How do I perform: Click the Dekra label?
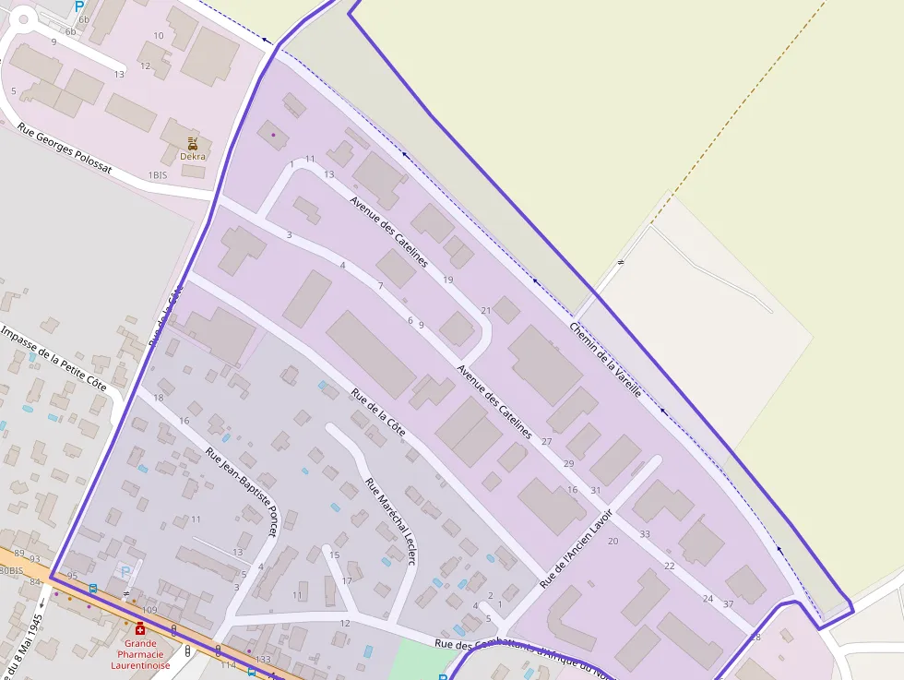(193, 156)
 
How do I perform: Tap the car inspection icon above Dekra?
(193, 143)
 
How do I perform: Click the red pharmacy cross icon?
(140, 628)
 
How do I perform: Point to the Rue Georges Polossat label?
(65, 150)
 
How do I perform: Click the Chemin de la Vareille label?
(605, 359)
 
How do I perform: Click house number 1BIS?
(158, 174)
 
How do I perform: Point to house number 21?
(486, 310)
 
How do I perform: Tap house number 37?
(729, 604)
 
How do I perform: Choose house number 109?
(149, 611)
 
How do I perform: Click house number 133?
(264, 660)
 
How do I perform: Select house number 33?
(645, 534)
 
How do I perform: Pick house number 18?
(159, 398)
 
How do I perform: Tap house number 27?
(547, 442)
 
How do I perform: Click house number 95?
(72, 576)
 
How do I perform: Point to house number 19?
(448, 280)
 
